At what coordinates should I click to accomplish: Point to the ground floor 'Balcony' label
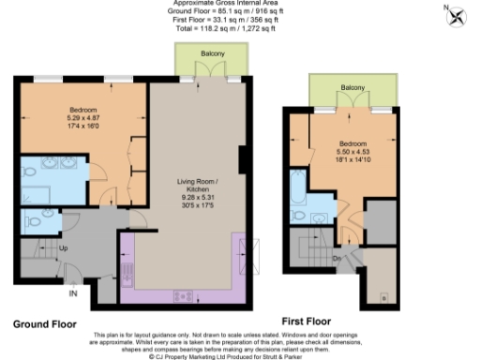click(212, 54)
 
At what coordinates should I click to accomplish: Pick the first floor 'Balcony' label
click(353, 87)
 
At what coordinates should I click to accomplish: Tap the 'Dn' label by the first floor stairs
click(337, 259)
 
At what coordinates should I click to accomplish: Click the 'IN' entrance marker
click(71, 292)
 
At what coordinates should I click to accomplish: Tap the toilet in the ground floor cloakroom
click(34, 223)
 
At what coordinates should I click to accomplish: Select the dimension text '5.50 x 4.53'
click(353, 154)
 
